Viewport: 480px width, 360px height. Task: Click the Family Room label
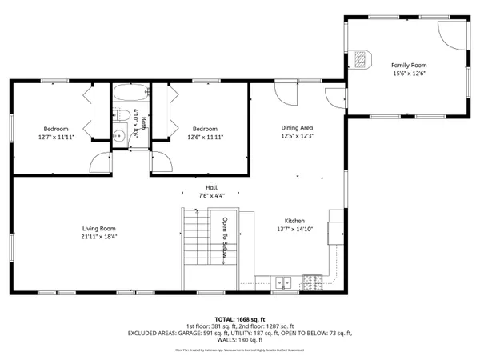click(409, 65)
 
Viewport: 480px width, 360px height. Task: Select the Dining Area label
click(296, 128)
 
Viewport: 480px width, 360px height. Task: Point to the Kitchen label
click(294, 221)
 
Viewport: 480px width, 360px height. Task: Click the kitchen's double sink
click(282, 281)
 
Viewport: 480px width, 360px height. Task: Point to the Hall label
click(212, 187)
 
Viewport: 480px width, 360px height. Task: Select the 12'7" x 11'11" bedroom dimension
click(55, 137)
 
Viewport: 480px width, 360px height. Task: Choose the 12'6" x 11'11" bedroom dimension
click(206, 137)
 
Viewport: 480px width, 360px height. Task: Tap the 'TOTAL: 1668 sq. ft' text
click(239, 319)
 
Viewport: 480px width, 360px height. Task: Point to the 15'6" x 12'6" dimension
click(409, 74)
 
